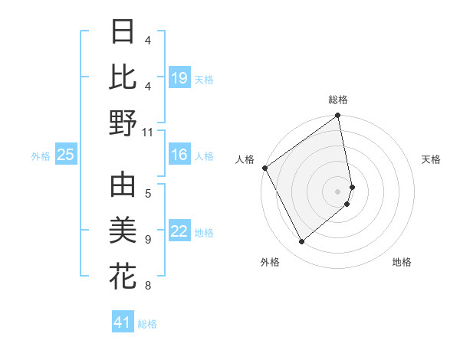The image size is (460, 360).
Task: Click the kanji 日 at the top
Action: [123, 33]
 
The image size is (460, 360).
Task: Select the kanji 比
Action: [123, 77]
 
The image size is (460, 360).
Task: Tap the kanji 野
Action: [123, 123]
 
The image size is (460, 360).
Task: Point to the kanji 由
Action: [123, 186]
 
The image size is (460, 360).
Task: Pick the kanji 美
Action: [123, 231]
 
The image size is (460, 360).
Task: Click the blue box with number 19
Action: [179, 78]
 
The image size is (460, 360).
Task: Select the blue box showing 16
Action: [179, 155]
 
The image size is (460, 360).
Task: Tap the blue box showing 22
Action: [179, 232]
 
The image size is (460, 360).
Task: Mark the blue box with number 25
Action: [65, 155]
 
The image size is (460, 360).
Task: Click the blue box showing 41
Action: [123, 322]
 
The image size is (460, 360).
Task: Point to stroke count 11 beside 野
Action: [147, 132]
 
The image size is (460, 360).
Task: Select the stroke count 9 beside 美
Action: [147, 240]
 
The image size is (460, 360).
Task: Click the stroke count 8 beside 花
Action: [147, 286]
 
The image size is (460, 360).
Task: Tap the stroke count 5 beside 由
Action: [147, 192]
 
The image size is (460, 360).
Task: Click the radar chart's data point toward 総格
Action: [337, 116]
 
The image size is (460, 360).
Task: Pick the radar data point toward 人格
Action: [264, 168]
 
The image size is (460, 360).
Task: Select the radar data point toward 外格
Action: [301, 241]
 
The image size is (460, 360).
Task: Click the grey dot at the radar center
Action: [337, 191]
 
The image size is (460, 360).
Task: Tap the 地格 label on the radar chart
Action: [402, 263]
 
